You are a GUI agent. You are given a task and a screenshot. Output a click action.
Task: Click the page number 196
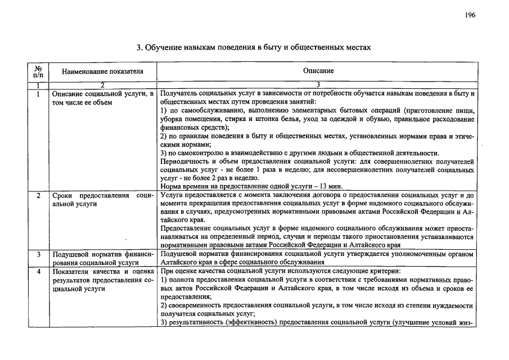pos(470,15)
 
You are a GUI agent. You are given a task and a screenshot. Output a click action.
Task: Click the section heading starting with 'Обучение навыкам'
pos(254,47)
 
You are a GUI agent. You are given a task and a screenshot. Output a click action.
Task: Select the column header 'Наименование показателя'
pos(102,71)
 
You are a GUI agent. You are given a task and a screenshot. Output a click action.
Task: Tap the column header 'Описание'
pos(318,71)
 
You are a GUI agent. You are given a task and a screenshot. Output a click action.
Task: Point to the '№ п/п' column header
pos(38,71)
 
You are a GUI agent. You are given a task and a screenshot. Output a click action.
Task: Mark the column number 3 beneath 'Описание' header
pos(318,85)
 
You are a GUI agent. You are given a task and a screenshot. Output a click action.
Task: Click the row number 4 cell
pos(38,271)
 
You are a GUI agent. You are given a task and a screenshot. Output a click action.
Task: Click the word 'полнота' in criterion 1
pos(183,280)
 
